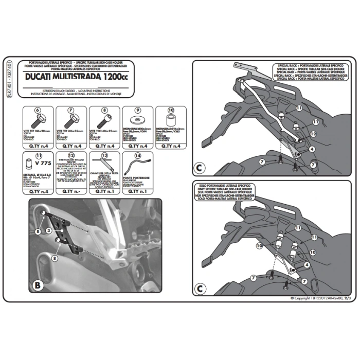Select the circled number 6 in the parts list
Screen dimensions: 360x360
(x=37, y=110)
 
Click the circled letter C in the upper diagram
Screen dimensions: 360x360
(x=200, y=168)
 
